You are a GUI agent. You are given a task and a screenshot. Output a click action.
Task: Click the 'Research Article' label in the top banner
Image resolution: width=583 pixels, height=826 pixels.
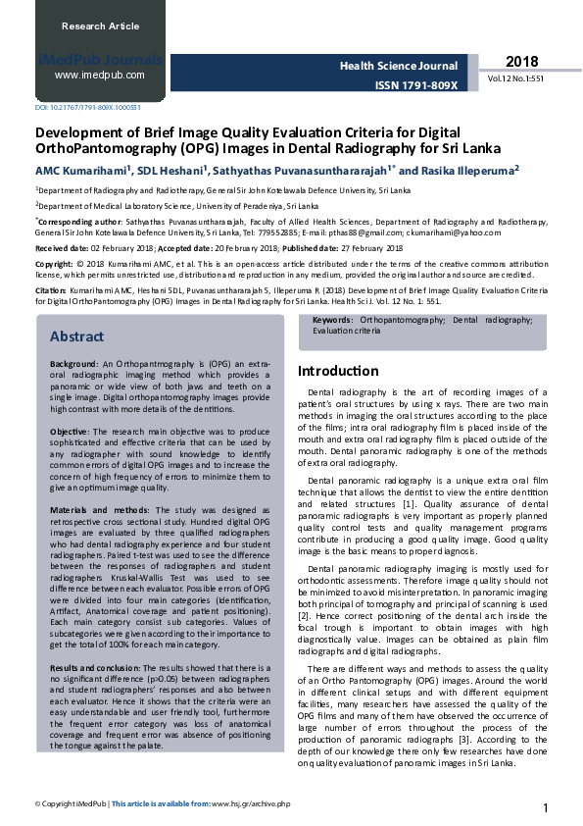coord(96,26)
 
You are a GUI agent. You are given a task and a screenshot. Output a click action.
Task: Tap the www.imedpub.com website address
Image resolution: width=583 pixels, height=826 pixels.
coord(100,75)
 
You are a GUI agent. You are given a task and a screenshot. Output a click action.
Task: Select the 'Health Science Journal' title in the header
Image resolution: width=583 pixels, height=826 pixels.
coord(399,67)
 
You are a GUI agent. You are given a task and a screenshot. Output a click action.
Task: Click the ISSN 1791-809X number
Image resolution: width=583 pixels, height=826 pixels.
coord(415,85)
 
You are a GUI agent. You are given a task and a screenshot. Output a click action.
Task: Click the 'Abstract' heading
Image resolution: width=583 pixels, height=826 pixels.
coord(76,336)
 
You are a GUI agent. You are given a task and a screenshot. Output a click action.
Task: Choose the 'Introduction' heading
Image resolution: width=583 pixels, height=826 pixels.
coord(338,371)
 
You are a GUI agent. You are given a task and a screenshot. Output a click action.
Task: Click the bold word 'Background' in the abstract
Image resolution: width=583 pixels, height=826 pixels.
coord(73,363)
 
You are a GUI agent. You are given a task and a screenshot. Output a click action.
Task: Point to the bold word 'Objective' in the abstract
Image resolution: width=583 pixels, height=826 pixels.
coord(70,432)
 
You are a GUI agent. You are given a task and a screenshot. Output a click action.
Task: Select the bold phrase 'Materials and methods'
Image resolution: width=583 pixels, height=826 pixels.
coord(94,510)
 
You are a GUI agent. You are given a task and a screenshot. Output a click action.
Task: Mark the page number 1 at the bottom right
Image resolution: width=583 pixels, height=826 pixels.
coord(545,807)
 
